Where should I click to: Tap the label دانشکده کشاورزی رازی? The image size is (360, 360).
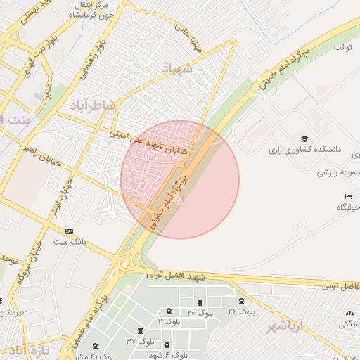pyautogui.click(x=304, y=150)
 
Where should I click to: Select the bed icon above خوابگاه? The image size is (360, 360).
pyautogui.click(x=348, y=196)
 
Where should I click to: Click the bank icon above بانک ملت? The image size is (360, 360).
pyautogui.click(x=69, y=231)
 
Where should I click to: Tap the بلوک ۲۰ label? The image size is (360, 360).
pyautogui.click(x=201, y=311)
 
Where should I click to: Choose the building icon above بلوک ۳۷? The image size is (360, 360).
pyautogui.click(x=141, y=330)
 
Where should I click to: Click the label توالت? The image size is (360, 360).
pyautogui.click(x=342, y=48)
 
